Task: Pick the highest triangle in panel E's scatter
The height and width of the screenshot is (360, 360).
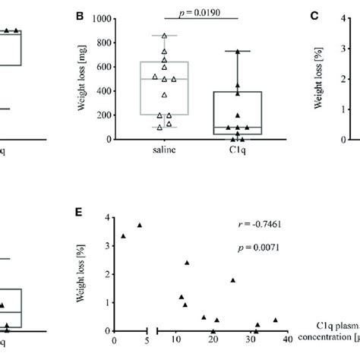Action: click(x=140, y=225)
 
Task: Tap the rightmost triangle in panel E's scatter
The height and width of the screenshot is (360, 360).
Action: click(x=275, y=320)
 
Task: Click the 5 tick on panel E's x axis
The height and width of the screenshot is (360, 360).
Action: click(x=145, y=342)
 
